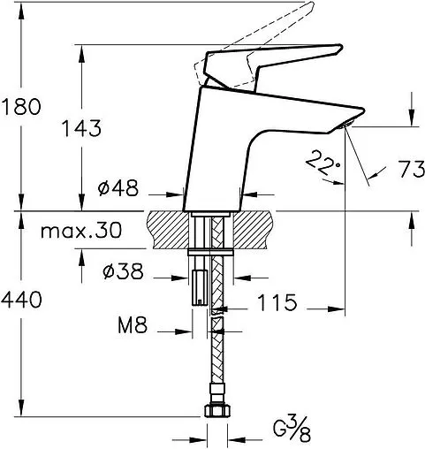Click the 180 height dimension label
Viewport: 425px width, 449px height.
[x=21, y=108]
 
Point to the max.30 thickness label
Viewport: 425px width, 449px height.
[x=80, y=232]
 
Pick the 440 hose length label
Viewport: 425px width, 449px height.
[x=21, y=301]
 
